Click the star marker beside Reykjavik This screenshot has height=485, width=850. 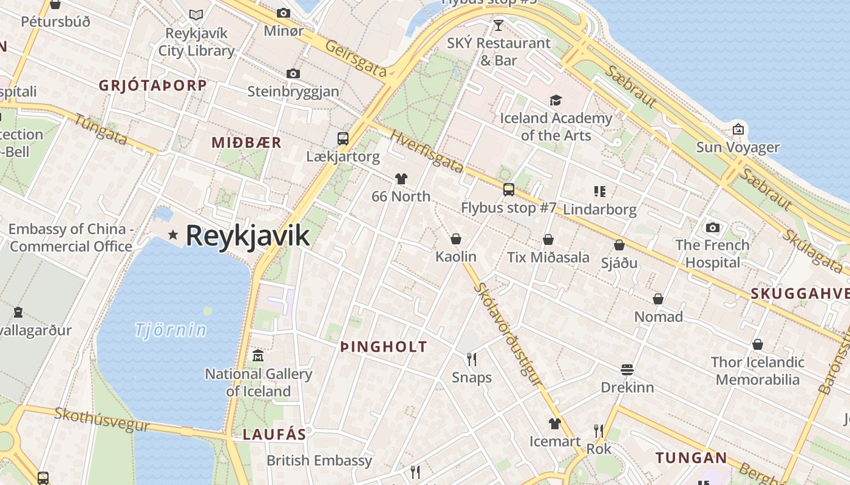tap(174, 235)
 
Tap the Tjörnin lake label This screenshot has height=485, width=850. tap(170, 330)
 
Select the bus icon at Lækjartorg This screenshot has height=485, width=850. tap(343, 138)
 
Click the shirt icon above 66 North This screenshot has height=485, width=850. tap(401, 178)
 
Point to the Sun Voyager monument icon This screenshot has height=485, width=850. tap(738, 129)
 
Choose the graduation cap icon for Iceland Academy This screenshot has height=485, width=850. tap(556, 100)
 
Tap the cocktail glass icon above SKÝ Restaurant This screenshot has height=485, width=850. tap(498, 25)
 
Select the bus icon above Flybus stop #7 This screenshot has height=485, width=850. tap(509, 190)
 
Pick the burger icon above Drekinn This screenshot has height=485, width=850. tap(627, 369)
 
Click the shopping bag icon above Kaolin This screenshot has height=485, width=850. tap(456, 239)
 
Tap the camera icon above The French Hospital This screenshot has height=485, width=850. tap(713, 227)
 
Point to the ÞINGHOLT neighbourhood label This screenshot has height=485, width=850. tap(384, 347)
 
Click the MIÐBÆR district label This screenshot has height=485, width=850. tap(246, 142)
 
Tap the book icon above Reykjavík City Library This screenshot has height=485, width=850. tap(195, 15)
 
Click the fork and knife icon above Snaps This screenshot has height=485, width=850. tap(472, 360)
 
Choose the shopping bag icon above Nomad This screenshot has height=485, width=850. tap(658, 299)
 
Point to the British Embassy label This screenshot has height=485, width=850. tap(319, 460)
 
